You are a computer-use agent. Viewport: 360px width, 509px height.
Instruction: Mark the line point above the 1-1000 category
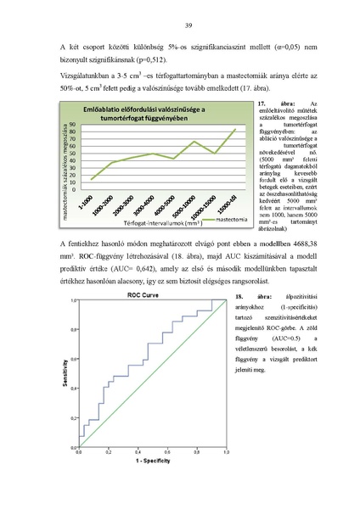coord(92,179)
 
